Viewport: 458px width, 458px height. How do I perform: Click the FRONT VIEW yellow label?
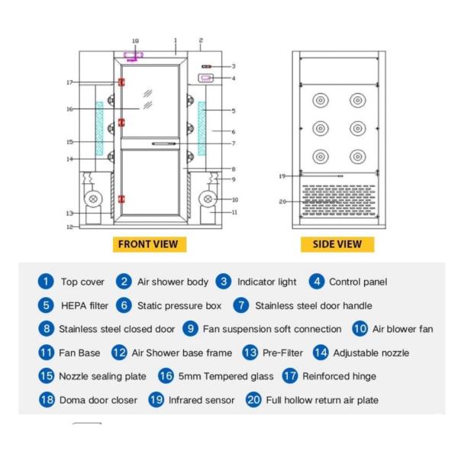click(x=150, y=244)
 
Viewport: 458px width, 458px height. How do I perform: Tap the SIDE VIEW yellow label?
click(x=337, y=244)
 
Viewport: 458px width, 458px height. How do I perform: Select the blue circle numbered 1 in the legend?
click(x=46, y=282)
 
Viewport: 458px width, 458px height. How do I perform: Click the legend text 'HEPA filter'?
click(x=85, y=305)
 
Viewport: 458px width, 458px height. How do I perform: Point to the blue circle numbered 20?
click(x=253, y=400)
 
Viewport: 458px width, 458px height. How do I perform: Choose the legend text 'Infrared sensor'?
click(x=202, y=400)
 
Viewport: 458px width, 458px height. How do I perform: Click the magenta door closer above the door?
click(x=134, y=56)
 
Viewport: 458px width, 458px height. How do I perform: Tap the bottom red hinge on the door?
click(x=121, y=199)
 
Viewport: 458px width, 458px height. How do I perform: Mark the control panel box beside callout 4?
click(x=206, y=78)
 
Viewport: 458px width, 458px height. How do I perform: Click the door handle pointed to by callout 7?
click(x=164, y=144)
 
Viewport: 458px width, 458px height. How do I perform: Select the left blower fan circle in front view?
click(x=93, y=199)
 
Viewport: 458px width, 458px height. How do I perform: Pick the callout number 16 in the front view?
click(x=69, y=109)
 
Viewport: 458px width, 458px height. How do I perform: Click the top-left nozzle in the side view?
click(x=321, y=100)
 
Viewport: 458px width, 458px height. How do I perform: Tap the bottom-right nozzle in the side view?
click(x=358, y=156)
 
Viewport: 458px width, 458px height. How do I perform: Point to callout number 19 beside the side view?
click(x=282, y=176)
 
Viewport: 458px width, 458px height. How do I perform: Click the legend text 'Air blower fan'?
click(x=402, y=329)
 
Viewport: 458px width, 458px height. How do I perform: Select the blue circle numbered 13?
click(x=250, y=353)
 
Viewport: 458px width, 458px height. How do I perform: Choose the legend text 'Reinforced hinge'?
click(x=339, y=376)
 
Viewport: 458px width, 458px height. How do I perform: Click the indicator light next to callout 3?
click(x=206, y=66)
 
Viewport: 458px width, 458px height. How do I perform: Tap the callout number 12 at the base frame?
click(x=69, y=227)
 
